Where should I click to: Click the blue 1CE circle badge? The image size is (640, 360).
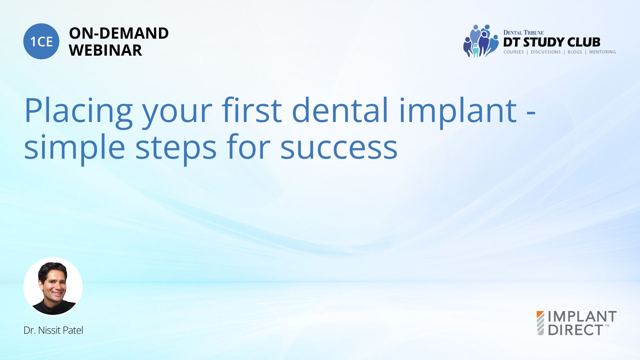coord(41,41)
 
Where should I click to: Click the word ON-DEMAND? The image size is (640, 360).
coord(119,33)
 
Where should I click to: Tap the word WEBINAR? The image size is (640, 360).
coord(105,50)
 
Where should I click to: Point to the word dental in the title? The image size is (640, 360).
coord(340,110)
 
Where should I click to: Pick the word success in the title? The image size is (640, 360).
coord(339,148)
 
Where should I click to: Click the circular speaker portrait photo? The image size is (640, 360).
coord(53,286)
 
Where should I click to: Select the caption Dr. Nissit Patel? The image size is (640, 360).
coord(53,330)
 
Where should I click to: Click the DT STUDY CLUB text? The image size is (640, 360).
coord(552,42)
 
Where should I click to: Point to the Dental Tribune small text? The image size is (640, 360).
coord(523,32)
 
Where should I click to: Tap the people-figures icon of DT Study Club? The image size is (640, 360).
coord(481,41)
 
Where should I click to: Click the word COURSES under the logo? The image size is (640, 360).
coord(514,52)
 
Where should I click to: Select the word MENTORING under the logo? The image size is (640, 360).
coord(602,52)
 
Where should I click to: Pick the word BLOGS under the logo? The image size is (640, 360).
coord(575,52)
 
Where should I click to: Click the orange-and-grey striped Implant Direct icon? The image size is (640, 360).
coord(540,323)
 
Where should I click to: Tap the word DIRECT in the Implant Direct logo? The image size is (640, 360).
coord(575,330)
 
